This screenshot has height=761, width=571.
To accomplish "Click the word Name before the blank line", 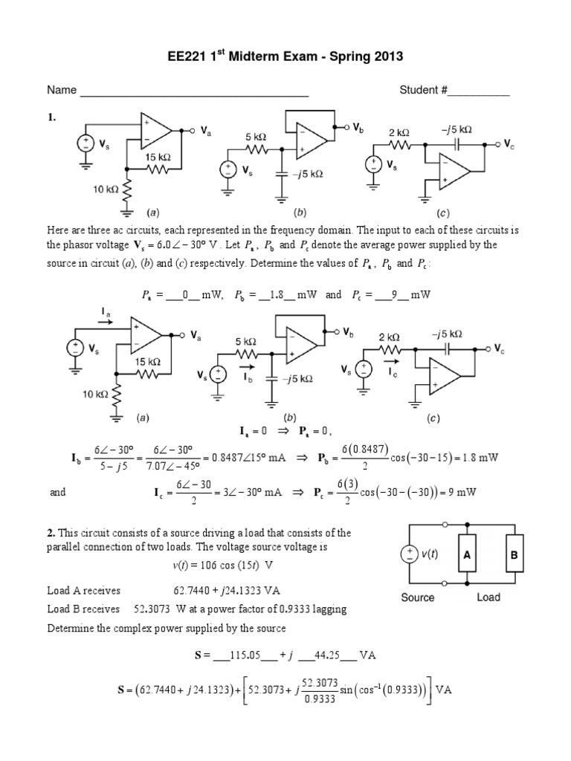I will [x=62, y=91].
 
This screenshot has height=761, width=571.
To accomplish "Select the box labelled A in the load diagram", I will [x=468, y=554].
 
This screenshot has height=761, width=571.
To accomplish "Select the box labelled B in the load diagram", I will [x=514, y=554].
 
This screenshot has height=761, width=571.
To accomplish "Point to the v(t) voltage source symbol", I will [x=410, y=554].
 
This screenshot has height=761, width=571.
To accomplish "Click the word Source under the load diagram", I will [x=419, y=597].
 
